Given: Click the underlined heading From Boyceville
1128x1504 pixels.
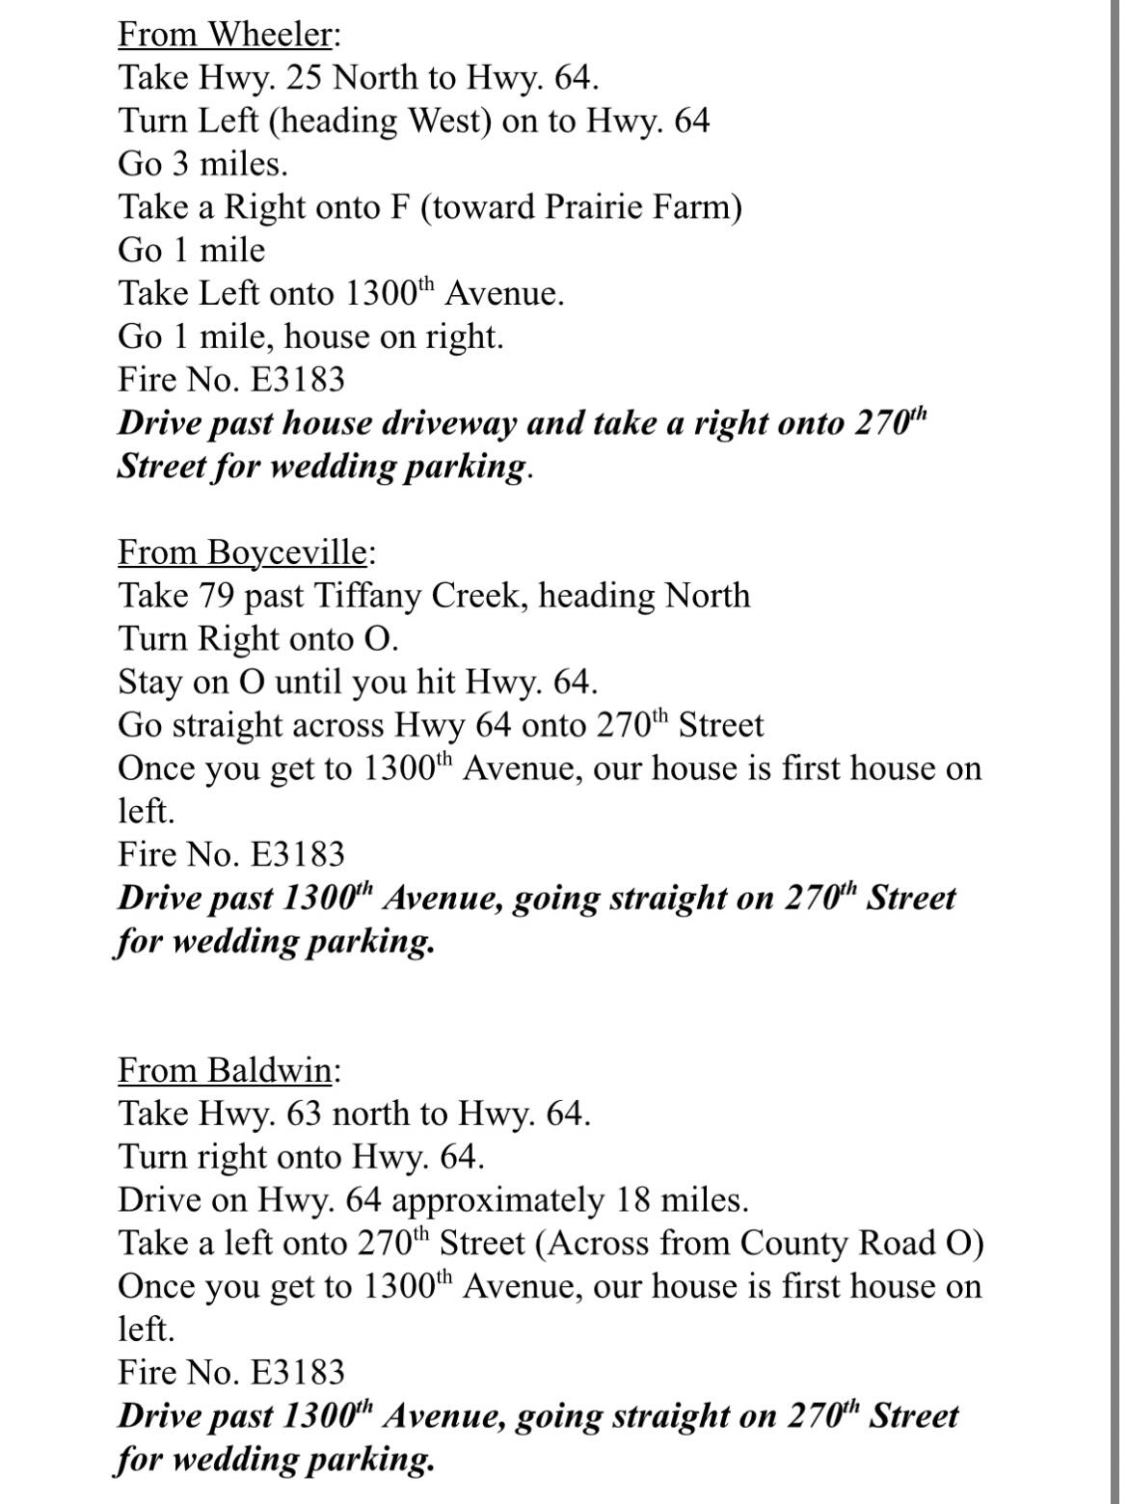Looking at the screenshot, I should pos(242,553).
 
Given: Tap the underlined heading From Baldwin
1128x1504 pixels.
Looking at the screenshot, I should pos(225,1071).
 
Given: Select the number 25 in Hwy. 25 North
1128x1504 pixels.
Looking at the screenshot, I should pos(305,78).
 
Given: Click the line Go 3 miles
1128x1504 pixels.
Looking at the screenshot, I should pos(202,165).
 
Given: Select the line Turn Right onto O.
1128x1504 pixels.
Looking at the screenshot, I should pos(257,639).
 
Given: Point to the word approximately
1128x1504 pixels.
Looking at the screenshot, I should pos(497,1200).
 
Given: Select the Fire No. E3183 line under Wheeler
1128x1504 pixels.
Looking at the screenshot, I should pos(230,380).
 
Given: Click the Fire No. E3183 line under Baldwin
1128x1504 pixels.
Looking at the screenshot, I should pos(230,1373).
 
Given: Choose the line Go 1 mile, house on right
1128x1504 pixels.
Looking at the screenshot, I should pos(310,337).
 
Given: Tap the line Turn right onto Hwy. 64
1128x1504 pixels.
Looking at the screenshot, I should pos(301,1157).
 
